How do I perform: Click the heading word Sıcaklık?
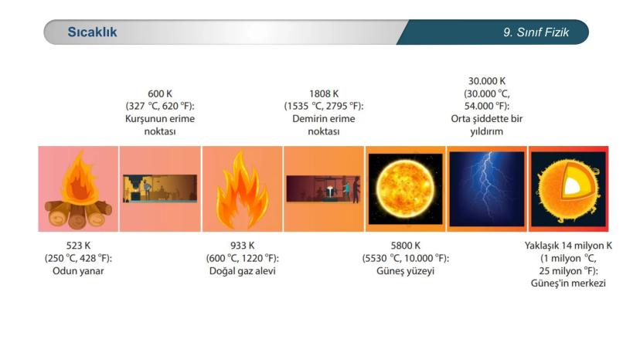click(92, 32)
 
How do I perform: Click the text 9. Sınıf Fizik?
click(536, 32)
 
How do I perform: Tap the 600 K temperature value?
click(160, 93)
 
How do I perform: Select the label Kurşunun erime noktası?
click(160, 125)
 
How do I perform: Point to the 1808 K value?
click(324, 93)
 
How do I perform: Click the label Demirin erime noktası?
click(324, 125)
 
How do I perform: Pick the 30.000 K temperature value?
click(486, 81)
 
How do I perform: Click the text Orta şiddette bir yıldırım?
click(486, 125)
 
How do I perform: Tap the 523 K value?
click(78, 246)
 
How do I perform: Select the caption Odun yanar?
click(78, 270)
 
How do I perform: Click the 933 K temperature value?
click(243, 246)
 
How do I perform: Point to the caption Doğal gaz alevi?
click(243, 271)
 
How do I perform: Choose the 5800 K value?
click(405, 246)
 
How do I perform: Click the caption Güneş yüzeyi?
click(405, 271)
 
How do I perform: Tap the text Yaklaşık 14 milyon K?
click(568, 246)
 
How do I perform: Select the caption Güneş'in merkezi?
click(568, 284)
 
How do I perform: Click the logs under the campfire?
click(78, 213)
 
